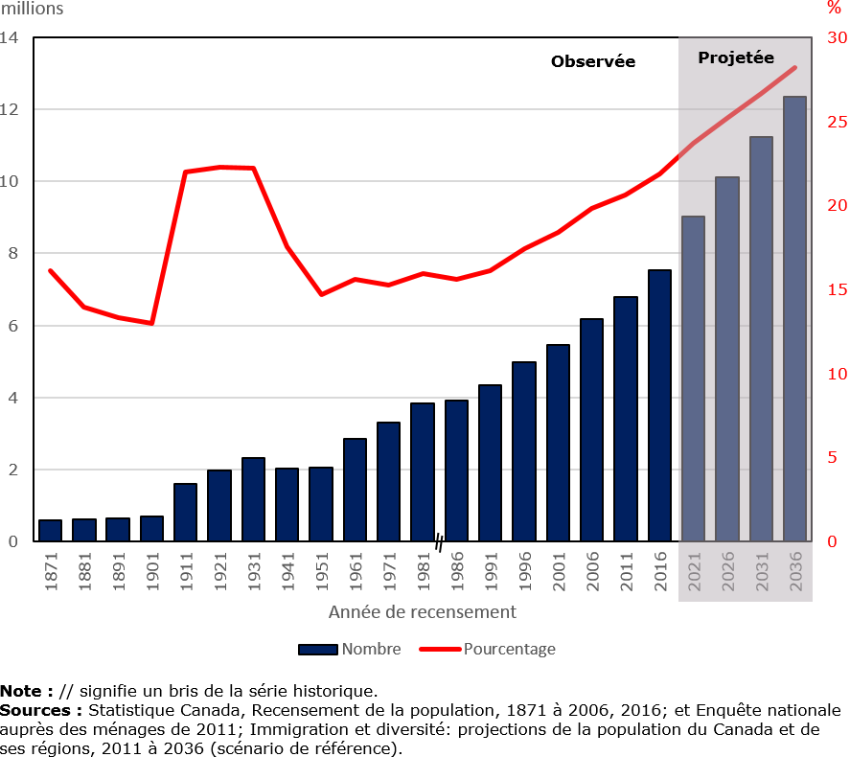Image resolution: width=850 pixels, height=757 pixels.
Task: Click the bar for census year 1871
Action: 50,531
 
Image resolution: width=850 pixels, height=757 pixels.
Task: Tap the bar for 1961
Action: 355,490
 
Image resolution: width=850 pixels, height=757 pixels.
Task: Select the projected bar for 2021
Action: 693,378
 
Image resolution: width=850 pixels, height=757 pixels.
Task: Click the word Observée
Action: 592,61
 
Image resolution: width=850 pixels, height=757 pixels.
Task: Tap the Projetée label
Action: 735,57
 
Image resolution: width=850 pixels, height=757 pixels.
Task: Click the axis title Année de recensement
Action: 422,611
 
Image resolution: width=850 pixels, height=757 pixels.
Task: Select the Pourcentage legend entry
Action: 508,649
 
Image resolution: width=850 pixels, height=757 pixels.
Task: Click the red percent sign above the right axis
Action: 833,9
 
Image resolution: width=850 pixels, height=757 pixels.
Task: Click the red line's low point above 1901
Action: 151,323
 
